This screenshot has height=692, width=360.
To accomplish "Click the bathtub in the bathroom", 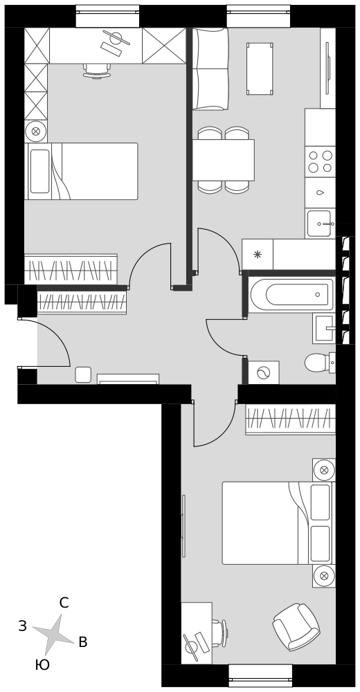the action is (291, 295).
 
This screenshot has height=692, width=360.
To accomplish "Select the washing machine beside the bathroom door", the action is (263, 372).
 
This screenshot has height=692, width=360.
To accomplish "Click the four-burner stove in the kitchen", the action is (321, 161).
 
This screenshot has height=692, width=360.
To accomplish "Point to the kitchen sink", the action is (320, 224).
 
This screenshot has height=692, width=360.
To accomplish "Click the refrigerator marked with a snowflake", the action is (258, 254).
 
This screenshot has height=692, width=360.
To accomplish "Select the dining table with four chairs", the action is (223, 161).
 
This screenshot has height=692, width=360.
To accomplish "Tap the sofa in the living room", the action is (210, 69).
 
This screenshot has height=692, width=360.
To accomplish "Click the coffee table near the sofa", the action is (260, 69).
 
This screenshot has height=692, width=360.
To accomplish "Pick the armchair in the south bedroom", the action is (296, 627).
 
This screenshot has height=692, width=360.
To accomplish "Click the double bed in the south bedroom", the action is (278, 523).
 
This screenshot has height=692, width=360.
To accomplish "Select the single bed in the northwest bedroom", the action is (81, 171).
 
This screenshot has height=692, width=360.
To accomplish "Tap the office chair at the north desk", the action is (97, 71).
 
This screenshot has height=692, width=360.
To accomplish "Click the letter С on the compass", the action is (64, 603).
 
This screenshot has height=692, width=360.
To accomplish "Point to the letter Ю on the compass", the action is (42, 665).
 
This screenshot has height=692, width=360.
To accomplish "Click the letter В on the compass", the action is (82, 642).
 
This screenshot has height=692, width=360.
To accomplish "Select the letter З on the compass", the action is (23, 626).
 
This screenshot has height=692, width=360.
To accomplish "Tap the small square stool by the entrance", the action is (83, 374).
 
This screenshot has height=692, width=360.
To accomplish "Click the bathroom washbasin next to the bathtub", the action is (325, 328).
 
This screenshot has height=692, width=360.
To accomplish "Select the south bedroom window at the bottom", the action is (260, 675).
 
